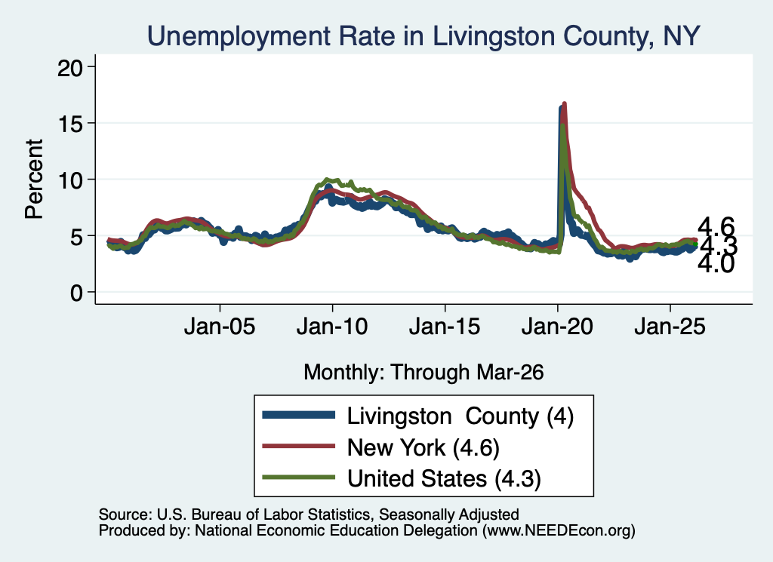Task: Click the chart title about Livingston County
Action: coord(423,36)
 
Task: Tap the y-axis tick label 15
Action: coord(70,124)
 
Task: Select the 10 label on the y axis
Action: coord(70,180)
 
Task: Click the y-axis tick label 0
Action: coord(76,293)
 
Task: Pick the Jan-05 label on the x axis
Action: coord(220,327)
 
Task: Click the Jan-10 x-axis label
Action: coord(332,327)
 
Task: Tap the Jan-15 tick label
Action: coord(445,327)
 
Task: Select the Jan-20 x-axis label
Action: coord(557,327)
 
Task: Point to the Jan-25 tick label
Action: coord(670,327)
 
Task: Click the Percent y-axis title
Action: coord(34,179)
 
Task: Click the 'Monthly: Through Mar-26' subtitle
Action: coord(423,373)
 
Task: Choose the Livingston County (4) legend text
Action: coord(460,416)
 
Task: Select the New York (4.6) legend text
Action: coord(423,448)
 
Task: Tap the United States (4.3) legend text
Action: coord(444,479)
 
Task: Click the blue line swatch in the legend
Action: coord(299,415)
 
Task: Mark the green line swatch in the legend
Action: coord(299,478)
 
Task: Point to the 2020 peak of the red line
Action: coord(565,103)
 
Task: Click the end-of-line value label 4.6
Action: coord(716,227)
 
